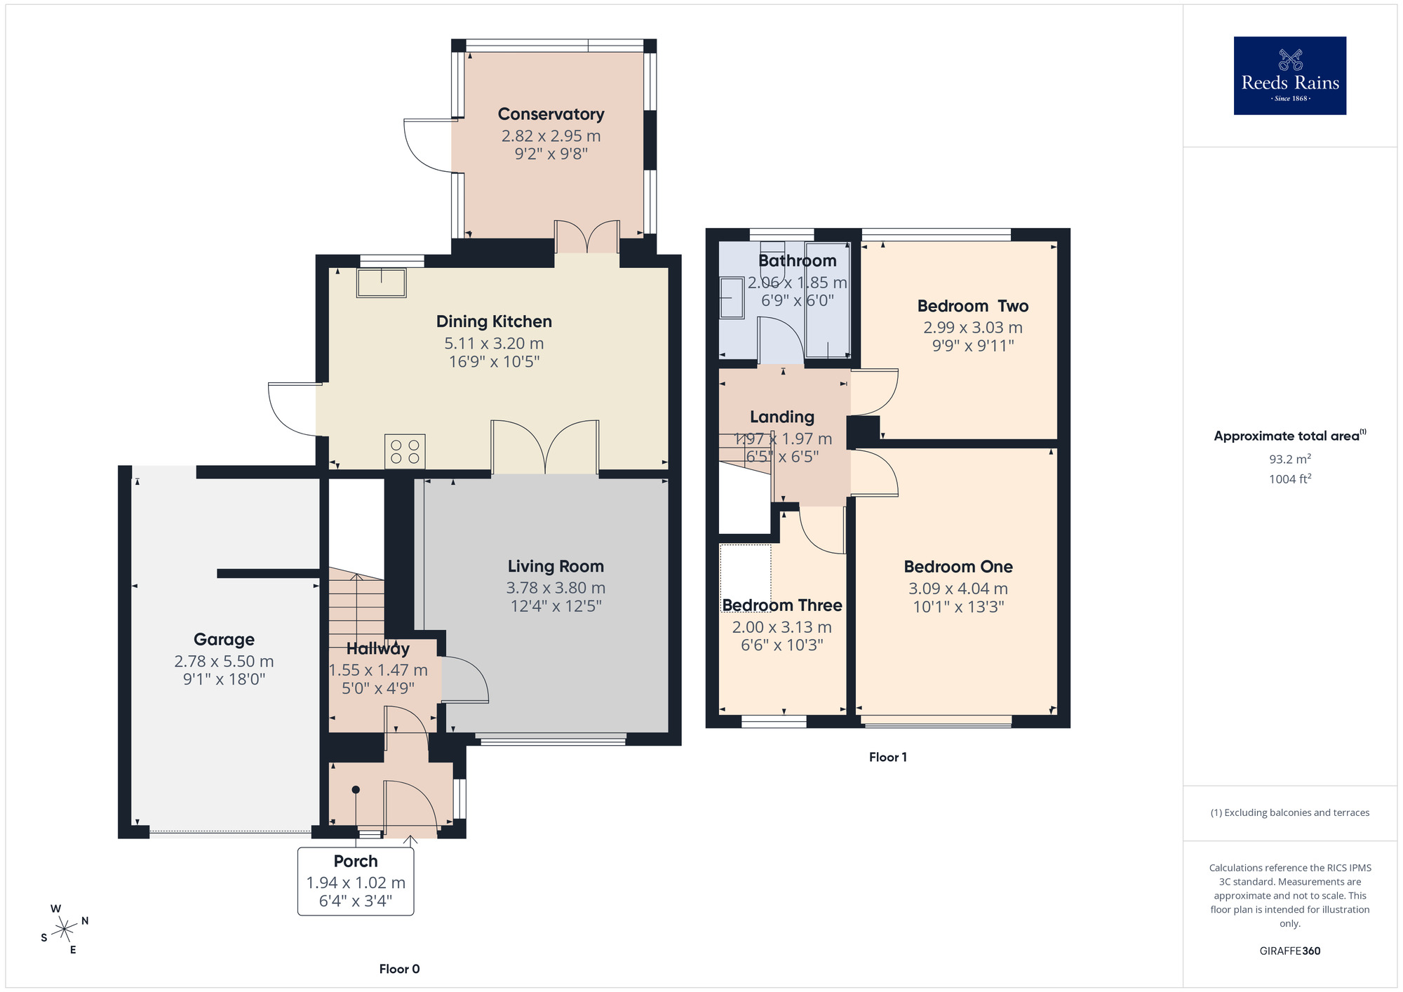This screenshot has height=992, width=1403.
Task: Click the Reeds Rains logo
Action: tap(1289, 76)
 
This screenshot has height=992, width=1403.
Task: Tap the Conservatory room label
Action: tap(551, 114)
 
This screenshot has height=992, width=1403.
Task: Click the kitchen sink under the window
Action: tap(381, 283)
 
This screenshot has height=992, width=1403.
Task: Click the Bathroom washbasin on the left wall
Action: tap(732, 298)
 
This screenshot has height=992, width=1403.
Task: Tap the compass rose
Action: tap(65, 930)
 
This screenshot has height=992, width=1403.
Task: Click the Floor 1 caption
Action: tap(887, 757)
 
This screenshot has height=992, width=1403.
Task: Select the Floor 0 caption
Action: tap(399, 969)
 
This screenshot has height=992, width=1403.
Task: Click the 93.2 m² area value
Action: tap(1289, 460)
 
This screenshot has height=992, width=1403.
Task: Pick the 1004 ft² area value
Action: tap(1289, 479)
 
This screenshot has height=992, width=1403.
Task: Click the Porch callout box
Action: tap(356, 881)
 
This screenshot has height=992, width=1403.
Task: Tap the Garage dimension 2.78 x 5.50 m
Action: tap(224, 662)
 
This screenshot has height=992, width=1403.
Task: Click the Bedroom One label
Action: tap(958, 567)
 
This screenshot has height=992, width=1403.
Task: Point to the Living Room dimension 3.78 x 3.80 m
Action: tap(556, 588)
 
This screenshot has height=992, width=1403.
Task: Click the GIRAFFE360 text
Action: tap(1289, 951)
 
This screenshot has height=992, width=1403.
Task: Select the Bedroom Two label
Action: tap(972, 306)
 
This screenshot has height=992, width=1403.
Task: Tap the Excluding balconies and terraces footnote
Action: tap(1289, 813)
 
